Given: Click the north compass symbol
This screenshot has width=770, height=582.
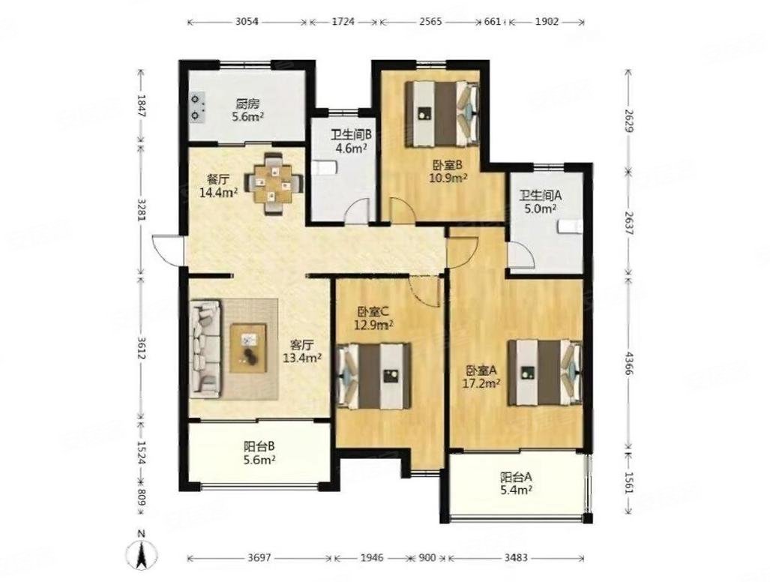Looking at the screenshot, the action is (x=141, y=553).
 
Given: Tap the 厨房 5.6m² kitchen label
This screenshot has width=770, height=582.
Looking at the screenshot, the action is (x=248, y=110).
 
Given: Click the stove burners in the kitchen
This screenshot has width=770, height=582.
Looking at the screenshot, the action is (x=198, y=107).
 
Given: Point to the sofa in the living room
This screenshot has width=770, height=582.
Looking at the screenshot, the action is (x=205, y=349).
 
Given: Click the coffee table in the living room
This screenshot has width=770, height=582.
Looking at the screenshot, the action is (x=248, y=348).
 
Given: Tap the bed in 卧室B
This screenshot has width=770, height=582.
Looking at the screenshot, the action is (x=442, y=113).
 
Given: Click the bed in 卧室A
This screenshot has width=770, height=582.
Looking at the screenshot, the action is (x=544, y=373).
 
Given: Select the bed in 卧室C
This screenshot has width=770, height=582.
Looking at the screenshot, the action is (x=373, y=376).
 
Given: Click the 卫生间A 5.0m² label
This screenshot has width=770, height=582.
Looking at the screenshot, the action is (x=541, y=201).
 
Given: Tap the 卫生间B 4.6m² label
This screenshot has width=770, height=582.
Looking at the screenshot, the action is (x=351, y=141).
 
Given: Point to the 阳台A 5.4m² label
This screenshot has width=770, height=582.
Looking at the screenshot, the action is (x=516, y=483).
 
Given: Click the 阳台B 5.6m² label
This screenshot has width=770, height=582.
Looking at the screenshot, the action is (x=259, y=453).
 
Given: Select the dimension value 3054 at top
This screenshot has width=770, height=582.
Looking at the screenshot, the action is (x=247, y=22).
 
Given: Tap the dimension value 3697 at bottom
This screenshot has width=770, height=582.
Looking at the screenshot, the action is (x=259, y=558).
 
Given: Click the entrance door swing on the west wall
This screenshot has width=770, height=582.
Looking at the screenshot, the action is (x=166, y=250).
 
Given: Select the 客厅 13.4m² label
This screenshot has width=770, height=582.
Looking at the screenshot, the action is (x=302, y=351).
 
